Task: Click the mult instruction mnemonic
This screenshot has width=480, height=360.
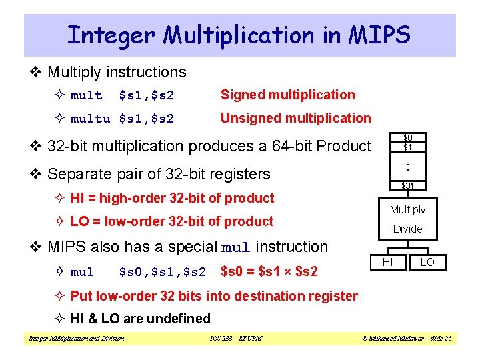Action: click(x=87, y=95)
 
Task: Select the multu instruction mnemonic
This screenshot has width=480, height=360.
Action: click(x=90, y=119)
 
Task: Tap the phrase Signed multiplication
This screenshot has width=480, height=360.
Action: click(x=287, y=95)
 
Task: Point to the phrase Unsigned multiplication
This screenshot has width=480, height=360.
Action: click(x=295, y=118)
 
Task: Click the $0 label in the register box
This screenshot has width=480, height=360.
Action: click(x=407, y=137)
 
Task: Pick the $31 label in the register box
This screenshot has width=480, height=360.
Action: click(x=407, y=185)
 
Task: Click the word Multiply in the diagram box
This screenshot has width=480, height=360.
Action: click(x=407, y=209)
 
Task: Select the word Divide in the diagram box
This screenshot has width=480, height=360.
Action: click(x=407, y=229)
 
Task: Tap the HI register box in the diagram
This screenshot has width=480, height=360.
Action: click(x=387, y=263)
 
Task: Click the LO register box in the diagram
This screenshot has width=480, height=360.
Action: click(x=427, y=263)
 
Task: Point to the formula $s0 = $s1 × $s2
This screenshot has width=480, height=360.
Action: click(x=269, y=271)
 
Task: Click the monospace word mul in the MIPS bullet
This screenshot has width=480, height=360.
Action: click(x=235, y=248)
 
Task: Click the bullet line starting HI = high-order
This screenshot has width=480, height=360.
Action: click(x=172, y=198)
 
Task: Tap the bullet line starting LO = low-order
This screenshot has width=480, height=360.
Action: click(x=171, y=221)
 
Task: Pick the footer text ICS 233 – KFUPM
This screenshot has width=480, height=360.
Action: click(x=235, y=339)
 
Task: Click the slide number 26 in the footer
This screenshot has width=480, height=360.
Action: click(x=447, y=339)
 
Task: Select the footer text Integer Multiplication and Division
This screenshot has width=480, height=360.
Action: click(x=76, y=339)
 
